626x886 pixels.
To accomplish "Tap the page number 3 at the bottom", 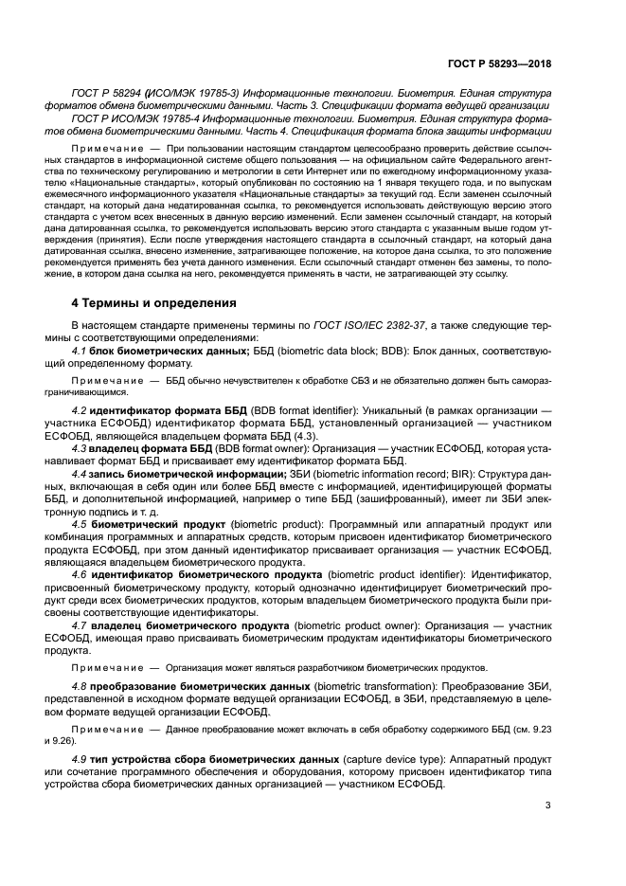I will (547, 805).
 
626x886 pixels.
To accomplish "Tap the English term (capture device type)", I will (392, 760).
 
